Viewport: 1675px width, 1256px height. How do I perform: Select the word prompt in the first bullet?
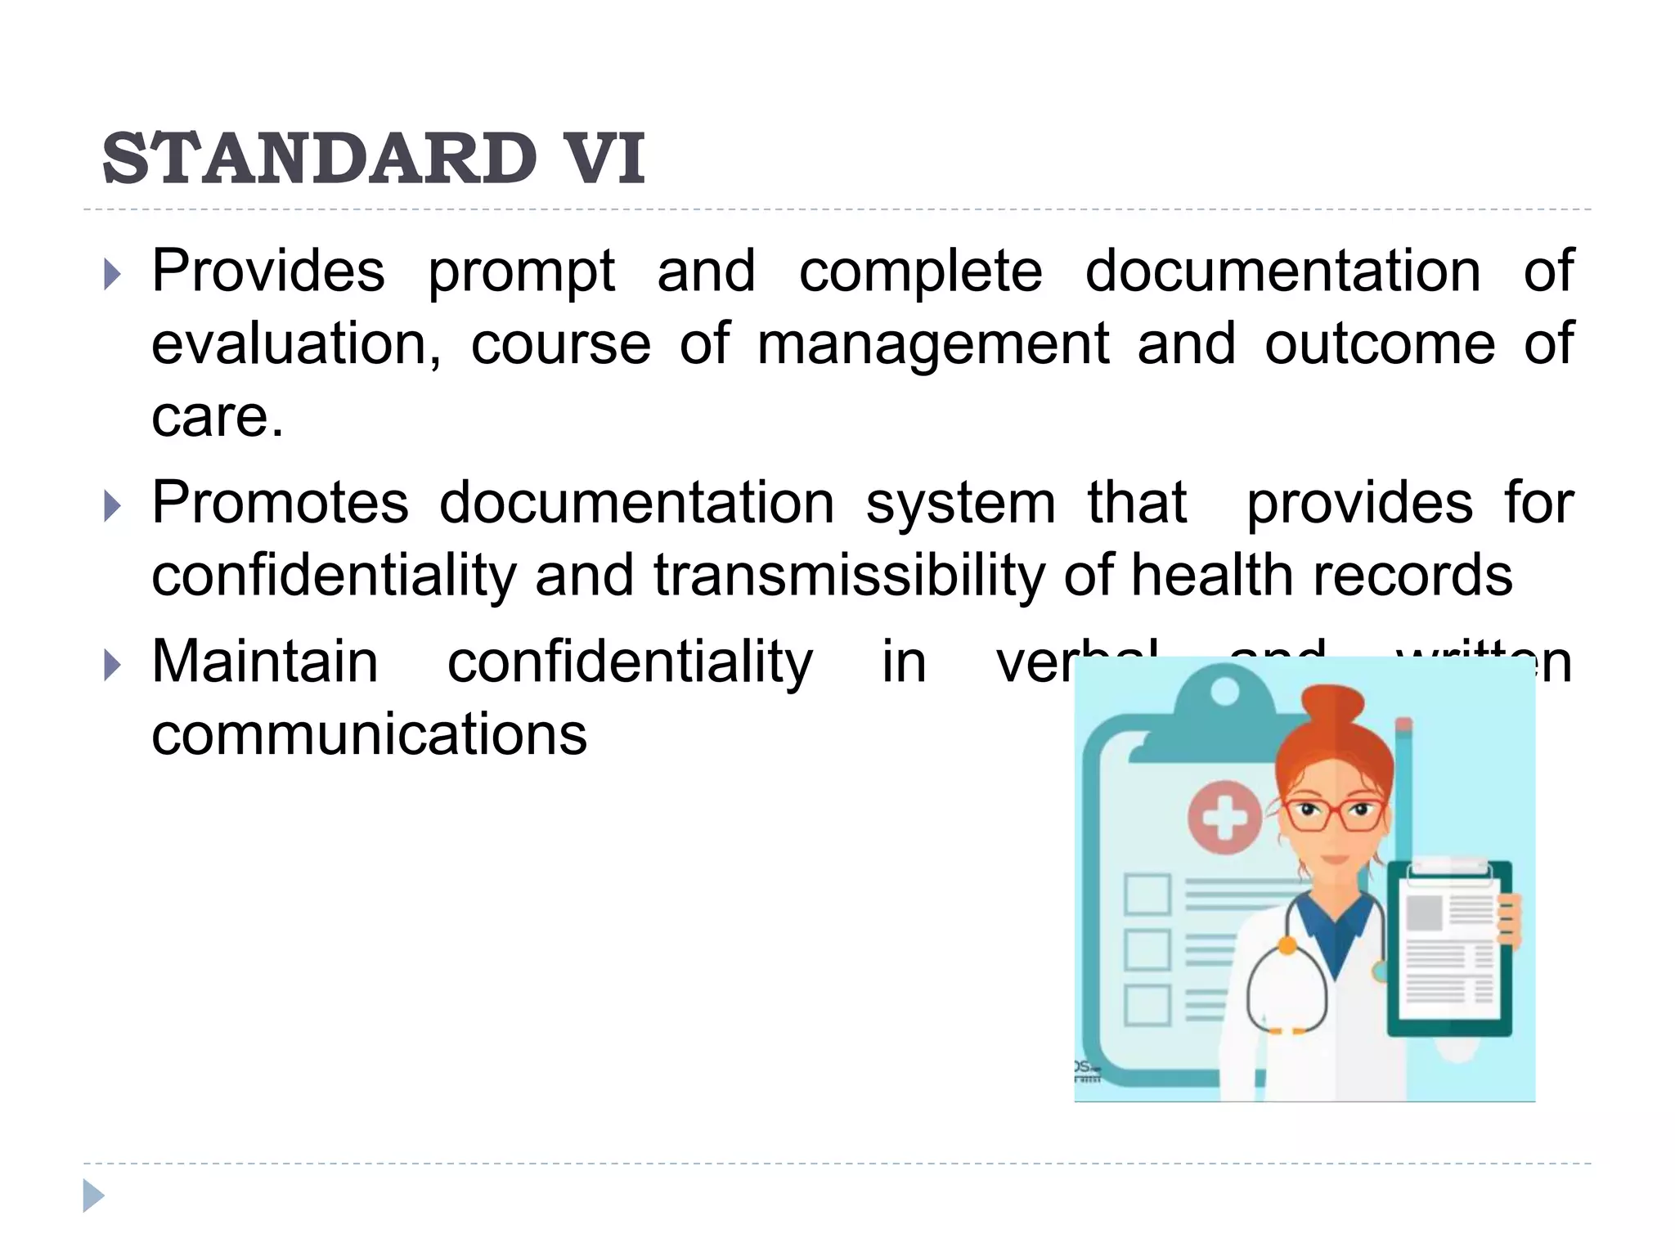[521, 272]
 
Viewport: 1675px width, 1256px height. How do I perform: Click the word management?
[933, 345]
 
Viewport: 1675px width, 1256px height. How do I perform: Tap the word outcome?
[1380, 343]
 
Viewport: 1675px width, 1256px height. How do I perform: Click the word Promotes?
[280, 502]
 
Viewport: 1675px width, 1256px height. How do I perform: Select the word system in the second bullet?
[960, 504]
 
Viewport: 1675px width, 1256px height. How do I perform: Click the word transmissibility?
[849, 576]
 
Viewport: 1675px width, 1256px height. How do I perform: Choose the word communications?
[369, 733]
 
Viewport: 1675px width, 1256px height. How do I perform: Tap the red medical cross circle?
[1224, 817]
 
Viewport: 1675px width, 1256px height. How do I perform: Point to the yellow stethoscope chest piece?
[1287, 946]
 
